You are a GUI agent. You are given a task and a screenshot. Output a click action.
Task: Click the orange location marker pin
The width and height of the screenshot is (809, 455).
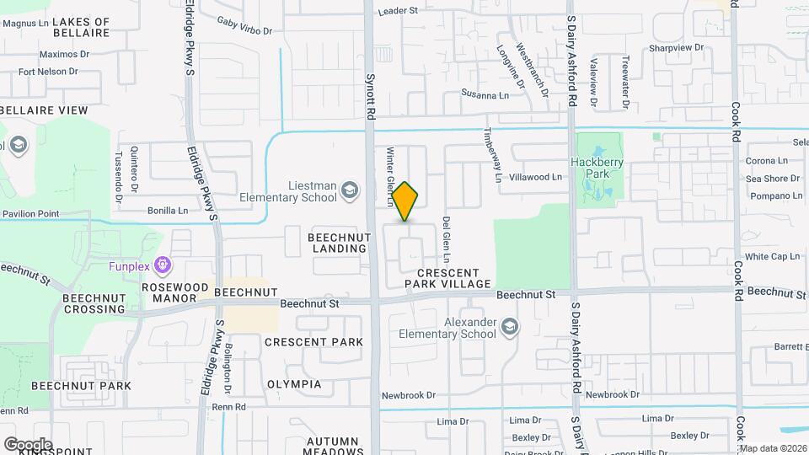pyautogui.click(x=405, y=201)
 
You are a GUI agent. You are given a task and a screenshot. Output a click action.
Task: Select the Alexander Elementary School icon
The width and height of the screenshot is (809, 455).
pyautogui.click(x=509, y=327)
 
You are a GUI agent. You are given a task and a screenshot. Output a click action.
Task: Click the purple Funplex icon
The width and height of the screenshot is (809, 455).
pyautogui.click(x=163, y=266)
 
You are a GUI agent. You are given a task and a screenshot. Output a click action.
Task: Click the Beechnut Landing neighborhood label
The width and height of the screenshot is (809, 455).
pyautogui.click(x=339, y=243)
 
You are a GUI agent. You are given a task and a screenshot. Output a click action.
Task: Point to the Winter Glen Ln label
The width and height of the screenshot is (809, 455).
pyautogui.click(x=390, y=177)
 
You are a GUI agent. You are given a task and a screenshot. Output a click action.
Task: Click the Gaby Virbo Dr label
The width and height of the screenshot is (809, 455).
pyautogui.click(x=244, y=25)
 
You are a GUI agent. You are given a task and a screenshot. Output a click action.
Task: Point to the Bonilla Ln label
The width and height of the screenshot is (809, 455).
pyautogui.click(x=168, y=211)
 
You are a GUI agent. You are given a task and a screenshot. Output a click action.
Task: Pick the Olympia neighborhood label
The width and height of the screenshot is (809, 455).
pyautogui.click(x=294, y=384)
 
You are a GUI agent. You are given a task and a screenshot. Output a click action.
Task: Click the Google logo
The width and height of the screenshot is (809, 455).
pyautogui.click(x=28, y=444)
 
